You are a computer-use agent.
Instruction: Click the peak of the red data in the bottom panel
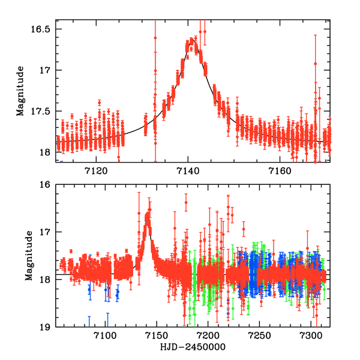pyautogui.click(x=148, y=222)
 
